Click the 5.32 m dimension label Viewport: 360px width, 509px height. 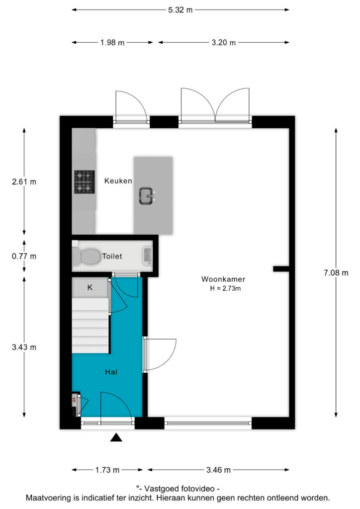[x=180, y=10]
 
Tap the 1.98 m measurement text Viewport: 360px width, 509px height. [x=112, y=43]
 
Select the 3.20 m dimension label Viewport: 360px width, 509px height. [x=224, y=43]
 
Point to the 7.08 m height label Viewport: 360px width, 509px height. [x=336, y=273]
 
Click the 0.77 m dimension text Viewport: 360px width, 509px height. [x=24, y=256]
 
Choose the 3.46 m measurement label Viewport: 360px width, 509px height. [x=218, y=470]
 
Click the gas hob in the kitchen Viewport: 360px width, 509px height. [x=85, y=182]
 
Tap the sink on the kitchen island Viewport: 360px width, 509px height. [x=147, y=196]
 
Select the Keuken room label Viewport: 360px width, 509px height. [x=118, y=181]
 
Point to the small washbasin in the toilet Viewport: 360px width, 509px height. [x=148, y=255]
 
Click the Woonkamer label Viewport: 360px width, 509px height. [x=223, y=279]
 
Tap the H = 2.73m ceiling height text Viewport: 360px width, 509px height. [x=225, y=288]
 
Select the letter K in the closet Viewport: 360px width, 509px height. [x=90, y=287]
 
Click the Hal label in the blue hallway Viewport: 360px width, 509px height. [x=111, y=372]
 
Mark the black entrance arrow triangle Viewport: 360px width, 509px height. [x=116, y=437]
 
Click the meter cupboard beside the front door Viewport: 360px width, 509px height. [x=75, y=405]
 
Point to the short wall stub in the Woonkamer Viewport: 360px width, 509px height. [x=281, y=269]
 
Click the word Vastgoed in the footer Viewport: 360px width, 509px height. [x=160, y=489]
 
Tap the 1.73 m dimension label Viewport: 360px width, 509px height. [x=107, y=470]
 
